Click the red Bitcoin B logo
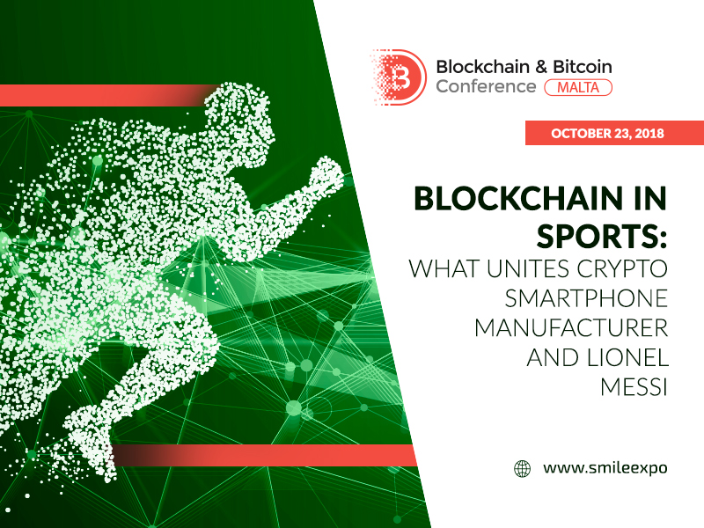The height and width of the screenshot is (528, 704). click(399, 77)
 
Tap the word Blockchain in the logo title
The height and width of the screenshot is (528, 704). click(482, 67)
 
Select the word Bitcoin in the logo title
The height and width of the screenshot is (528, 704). click(583, 67)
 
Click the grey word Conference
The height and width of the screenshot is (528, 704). click(487, 86)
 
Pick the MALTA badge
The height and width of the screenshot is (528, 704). click(578, 87)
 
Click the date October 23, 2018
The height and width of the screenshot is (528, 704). click(607, 134)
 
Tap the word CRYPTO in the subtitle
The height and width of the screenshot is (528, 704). click(622, 268)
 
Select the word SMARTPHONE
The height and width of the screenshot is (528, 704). click(586, 298)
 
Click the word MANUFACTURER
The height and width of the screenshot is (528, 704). click(571, 328)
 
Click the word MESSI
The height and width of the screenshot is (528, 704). click(634, 387)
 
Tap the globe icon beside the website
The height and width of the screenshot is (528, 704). click(522, 468)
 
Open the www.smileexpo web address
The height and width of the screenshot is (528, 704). click(605, 468)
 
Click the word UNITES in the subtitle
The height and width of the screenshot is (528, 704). click(528, 268)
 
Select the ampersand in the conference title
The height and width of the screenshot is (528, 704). click(541, 67)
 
